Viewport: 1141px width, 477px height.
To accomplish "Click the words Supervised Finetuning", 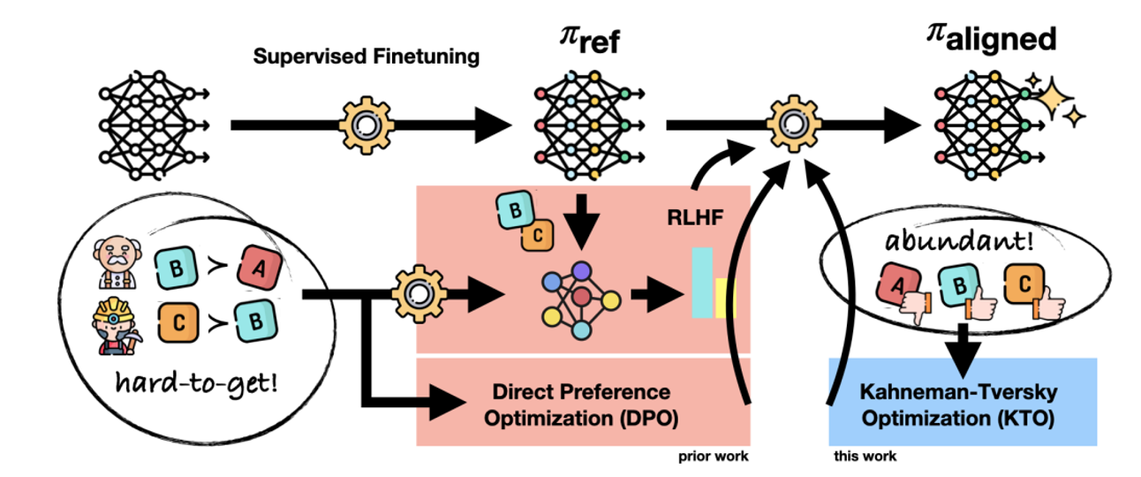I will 366,57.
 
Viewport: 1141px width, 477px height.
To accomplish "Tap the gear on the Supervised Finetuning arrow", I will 365,125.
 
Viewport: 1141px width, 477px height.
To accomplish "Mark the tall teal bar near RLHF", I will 702,282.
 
